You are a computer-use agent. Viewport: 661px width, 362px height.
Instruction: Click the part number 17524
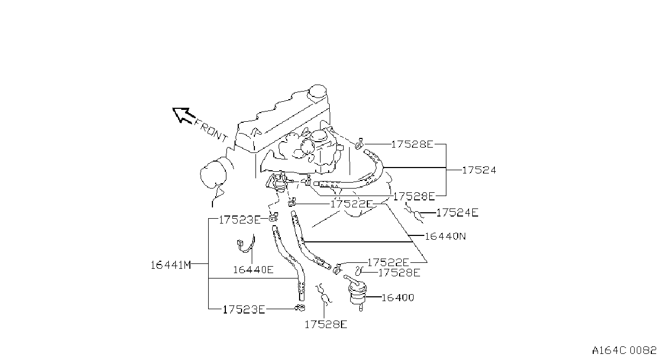click(479, 170)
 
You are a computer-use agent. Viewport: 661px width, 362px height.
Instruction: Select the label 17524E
click(457, 213)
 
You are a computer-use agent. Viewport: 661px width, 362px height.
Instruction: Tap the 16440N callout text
click(445, 236)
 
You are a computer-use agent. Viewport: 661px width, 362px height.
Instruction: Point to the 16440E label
click(253, 269)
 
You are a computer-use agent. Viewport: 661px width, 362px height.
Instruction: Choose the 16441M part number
click(171, 265)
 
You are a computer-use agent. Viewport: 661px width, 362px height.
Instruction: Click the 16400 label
click(398, 297)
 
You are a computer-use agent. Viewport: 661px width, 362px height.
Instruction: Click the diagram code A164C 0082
click(624, 351)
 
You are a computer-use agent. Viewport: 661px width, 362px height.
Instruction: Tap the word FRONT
click(211, 130)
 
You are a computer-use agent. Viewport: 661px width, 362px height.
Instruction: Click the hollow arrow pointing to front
click(183, 115)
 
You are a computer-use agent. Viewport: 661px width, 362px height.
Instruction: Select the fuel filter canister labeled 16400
click(357, 293)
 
